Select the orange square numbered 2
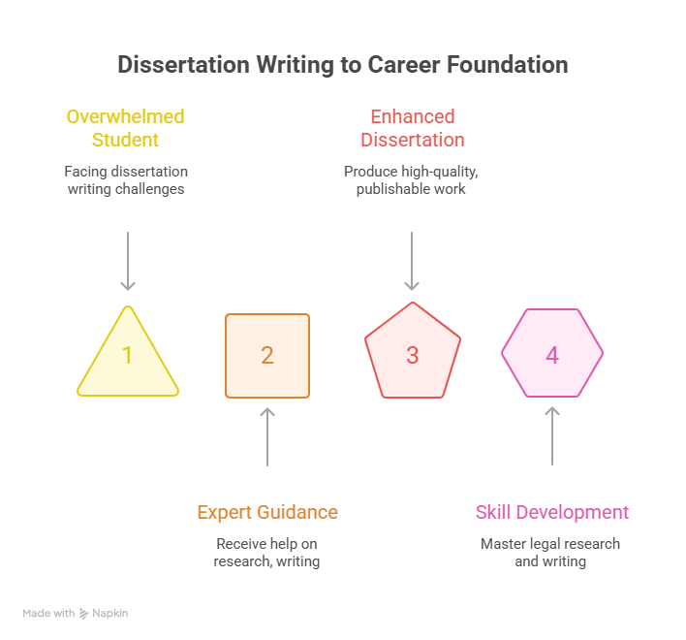click(267, 356)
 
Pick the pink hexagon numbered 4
click(552, 353)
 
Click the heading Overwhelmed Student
click(126, 128)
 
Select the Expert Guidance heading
click(267, 512)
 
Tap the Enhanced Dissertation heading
click(413, 128)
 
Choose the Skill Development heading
click(552, 512)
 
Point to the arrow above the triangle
click(128, 261)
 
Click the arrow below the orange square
click(267, 437)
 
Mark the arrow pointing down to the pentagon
click(412, 261)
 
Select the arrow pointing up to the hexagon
click(552, 436)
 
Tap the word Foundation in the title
click(508, 65)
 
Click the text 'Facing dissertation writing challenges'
click(126, 180)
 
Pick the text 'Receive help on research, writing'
click(266, 553)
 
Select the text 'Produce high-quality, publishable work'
click(411, 180)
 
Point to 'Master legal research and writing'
click(550, 553)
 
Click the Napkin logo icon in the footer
click(83, 614)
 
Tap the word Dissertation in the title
click(184, 65)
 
